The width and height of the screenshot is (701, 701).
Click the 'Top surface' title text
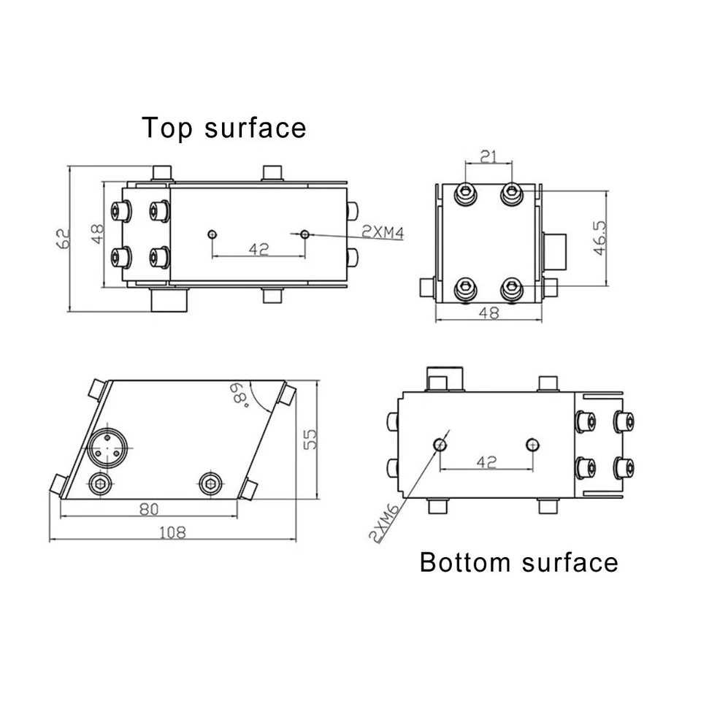click(x=223, y=127)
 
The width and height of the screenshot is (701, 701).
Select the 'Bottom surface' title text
click(x=518, y=562)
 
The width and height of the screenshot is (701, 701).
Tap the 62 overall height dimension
click(x=64, y=237)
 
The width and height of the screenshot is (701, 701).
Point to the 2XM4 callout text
click(x=383, y=233)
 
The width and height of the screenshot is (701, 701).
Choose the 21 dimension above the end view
click(x=489, y=156)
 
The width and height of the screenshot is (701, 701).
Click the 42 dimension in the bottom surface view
click(x=486, y=461)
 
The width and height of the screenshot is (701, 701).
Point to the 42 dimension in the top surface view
click(x=258, y=249)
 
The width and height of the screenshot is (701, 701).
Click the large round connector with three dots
click(x=106, y=446)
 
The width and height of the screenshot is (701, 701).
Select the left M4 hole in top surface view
click(x=212, y=234)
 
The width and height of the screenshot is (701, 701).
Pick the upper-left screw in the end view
click(x=466, y=193)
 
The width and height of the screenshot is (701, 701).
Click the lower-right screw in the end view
click(x=513, y=288)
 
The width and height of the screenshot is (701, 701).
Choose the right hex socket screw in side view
click(x=211, y=480)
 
